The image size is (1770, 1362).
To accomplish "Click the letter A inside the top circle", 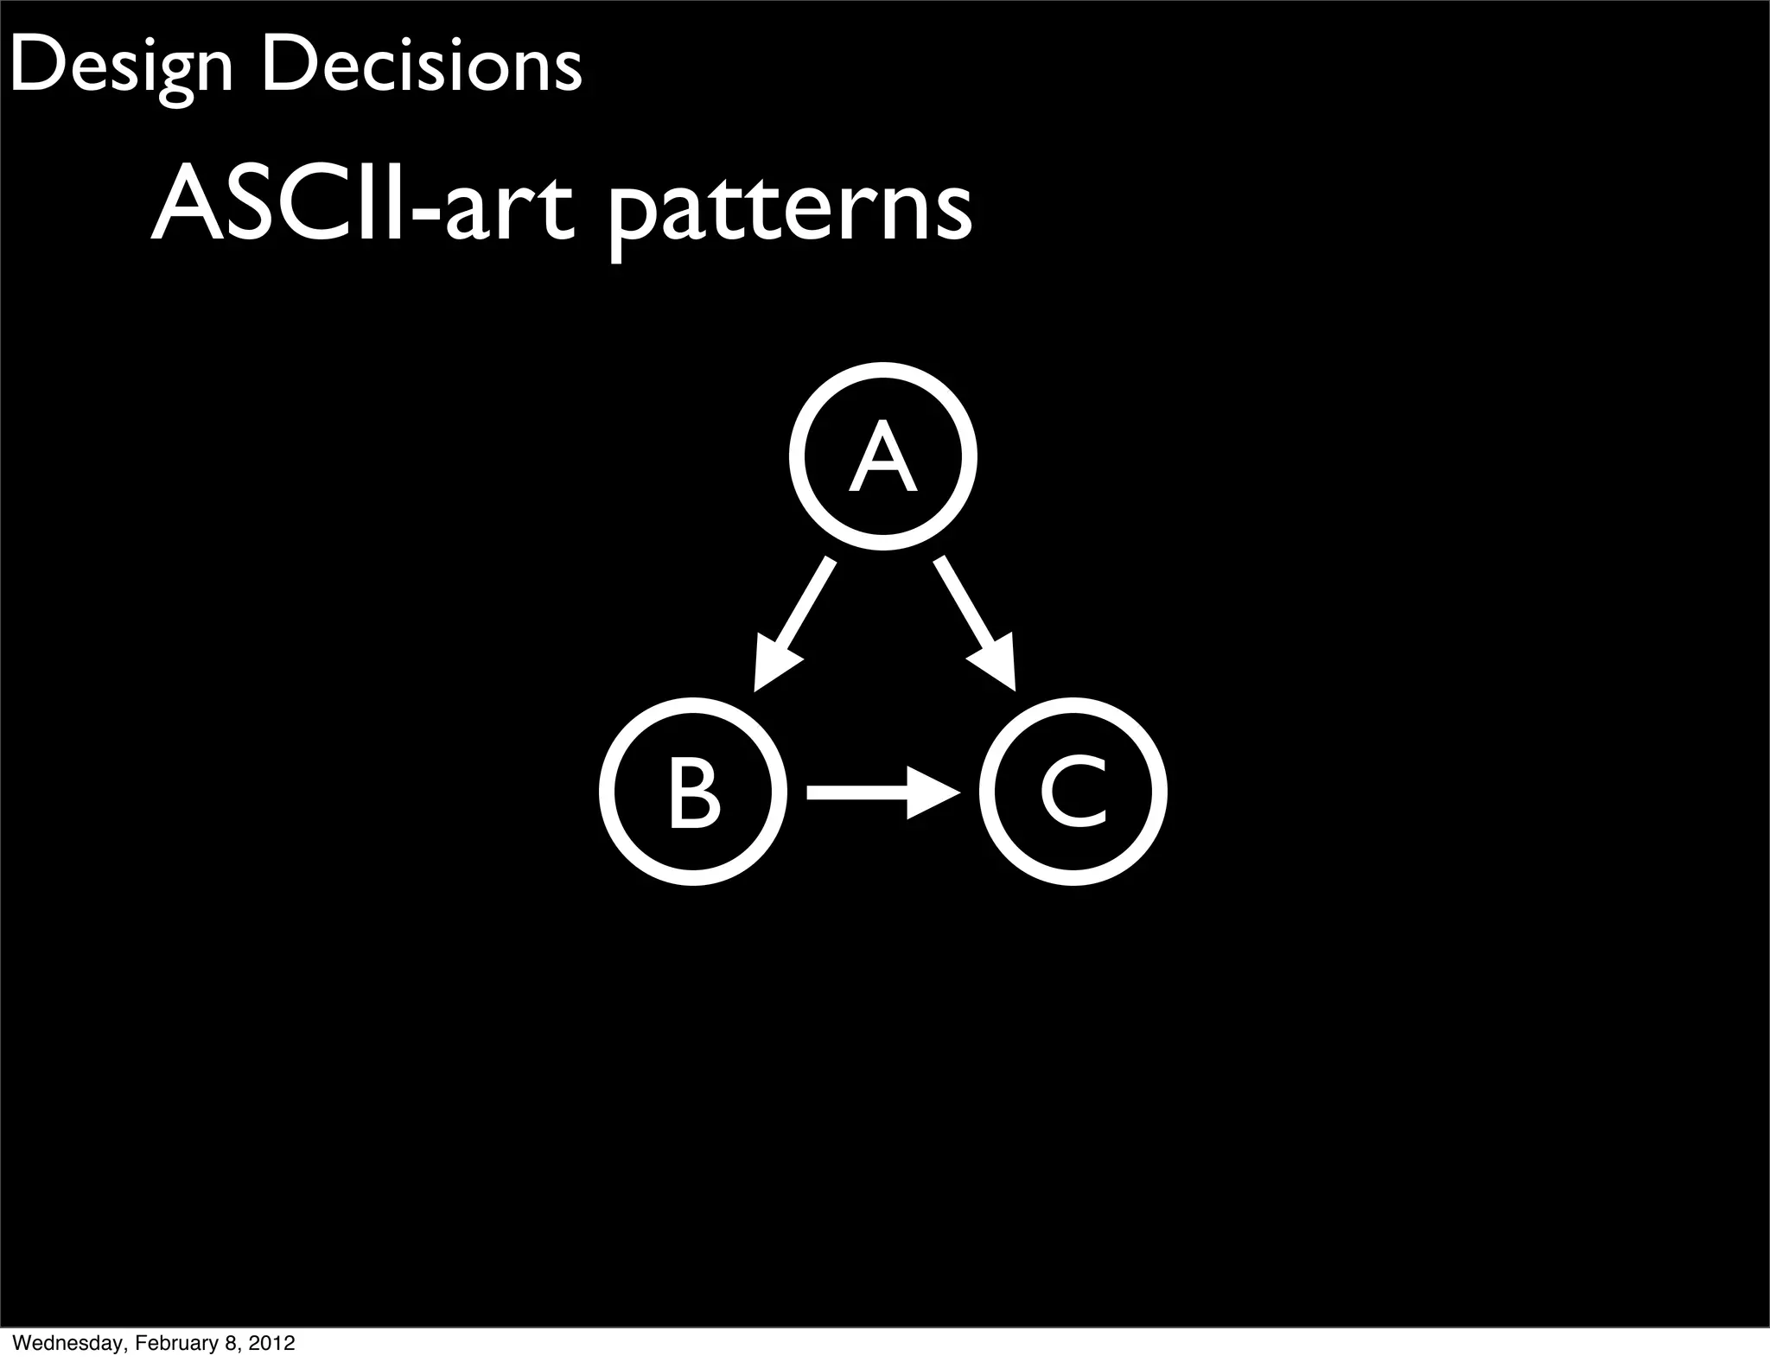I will (882, 457).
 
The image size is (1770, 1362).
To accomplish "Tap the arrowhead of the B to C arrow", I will (933, 792).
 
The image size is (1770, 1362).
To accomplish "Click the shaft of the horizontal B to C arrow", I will (856, 792).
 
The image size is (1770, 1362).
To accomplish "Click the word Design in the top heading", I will (121, 67).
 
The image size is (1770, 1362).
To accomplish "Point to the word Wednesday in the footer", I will (68, 1343).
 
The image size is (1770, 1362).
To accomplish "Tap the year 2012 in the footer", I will (274, 1343).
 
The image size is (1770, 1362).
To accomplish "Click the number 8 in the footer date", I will (228, 1343).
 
